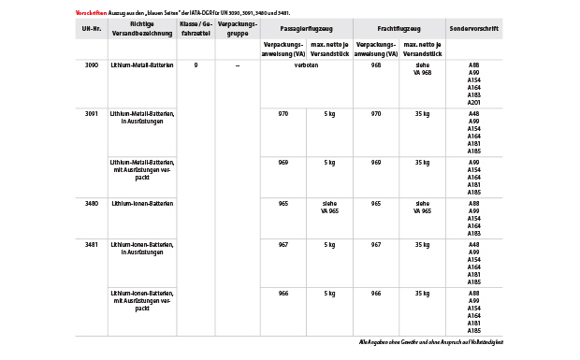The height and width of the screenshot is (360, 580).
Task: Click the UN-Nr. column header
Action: [91, 28]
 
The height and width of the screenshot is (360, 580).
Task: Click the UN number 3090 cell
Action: [91, 65]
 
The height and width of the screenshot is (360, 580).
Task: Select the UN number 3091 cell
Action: [91, 113]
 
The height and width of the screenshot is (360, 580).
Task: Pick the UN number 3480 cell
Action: [91, 203]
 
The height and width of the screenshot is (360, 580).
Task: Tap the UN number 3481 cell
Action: [91, 244]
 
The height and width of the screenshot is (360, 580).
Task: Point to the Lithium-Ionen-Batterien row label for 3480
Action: [141, 203]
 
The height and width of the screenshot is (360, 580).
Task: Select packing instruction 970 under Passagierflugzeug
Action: [283, 113]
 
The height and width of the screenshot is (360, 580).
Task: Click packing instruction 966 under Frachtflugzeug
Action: [375, 293]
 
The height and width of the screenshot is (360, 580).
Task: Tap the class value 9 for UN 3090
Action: [196, 65]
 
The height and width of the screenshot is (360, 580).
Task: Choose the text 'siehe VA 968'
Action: [422, 68]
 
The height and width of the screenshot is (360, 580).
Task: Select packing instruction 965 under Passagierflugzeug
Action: [283, 203]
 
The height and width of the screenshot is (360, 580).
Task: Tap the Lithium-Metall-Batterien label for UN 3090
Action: [141, 65]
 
